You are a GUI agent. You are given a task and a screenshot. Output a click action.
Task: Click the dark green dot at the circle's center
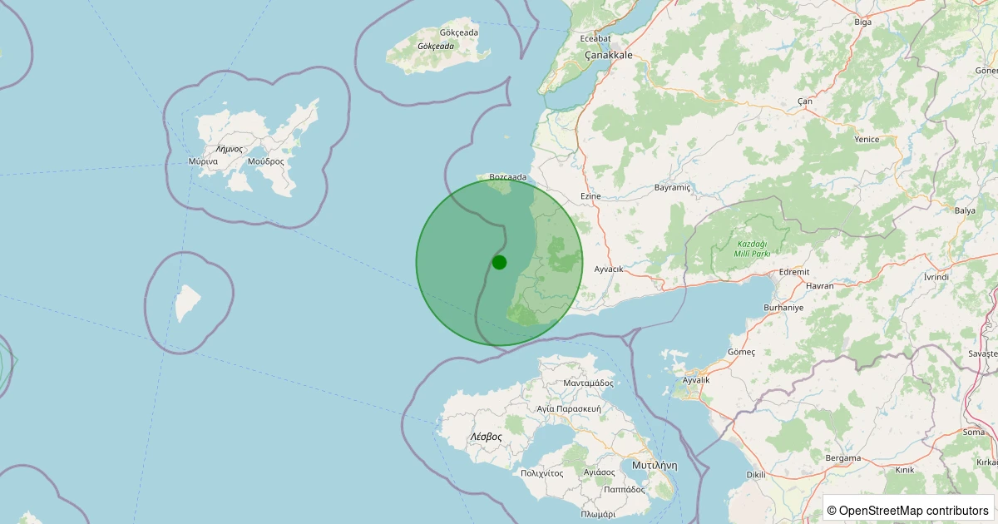499,262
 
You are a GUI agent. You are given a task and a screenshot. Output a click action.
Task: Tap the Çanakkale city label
608,55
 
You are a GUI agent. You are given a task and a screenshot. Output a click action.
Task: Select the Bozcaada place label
508,177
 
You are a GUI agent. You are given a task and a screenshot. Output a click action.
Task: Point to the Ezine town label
590,196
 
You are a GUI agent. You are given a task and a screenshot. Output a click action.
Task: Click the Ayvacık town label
609,269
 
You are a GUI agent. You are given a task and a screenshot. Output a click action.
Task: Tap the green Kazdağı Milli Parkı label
753,249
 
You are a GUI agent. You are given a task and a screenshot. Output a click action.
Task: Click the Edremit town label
793,272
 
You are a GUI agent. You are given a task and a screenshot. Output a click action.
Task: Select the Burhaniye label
784,308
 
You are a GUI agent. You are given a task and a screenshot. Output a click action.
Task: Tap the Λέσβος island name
486,436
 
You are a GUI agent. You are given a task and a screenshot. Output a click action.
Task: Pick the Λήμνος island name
227,149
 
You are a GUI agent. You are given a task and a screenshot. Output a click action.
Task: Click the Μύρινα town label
203,161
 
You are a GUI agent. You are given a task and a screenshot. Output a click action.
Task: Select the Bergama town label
842,458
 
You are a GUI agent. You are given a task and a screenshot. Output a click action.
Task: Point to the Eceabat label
595,38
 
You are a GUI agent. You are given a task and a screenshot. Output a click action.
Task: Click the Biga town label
863,22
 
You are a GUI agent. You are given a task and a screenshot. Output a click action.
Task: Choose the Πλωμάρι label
598,514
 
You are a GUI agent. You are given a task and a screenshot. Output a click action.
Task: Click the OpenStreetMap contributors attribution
907,510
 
